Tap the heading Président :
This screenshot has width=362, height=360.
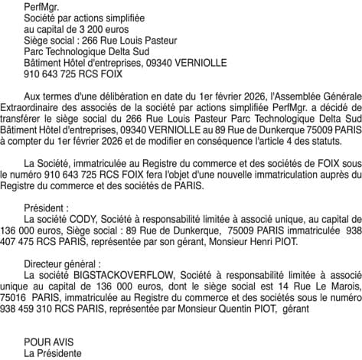47,208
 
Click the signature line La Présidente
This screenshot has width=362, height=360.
53,352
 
